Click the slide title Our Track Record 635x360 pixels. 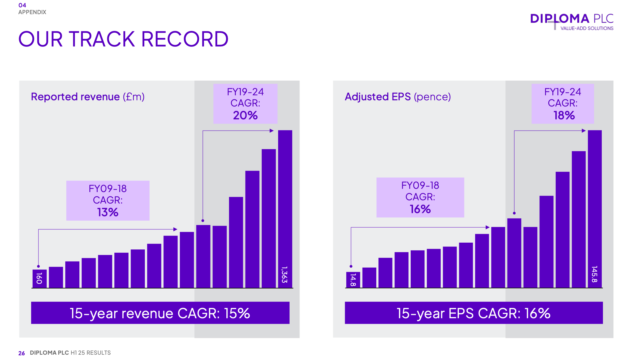tap(123, 39)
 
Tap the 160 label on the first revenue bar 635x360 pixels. tap(39, 278)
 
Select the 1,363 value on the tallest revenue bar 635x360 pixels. tap(284, 275)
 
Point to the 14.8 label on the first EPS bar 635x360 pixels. tap(353, 279)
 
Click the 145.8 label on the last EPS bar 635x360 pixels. tap(594, 274)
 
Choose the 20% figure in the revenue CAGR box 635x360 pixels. tap(245, 115)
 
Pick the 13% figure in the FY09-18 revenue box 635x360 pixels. tap(108, 212)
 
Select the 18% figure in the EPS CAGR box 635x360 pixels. tap(564, 115)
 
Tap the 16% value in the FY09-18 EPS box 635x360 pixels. tap(420, 209)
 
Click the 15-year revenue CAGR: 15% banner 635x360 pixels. tap(160, 313)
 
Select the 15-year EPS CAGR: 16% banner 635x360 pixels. tap(474, 313)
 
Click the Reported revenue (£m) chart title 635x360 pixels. tap(88, 97)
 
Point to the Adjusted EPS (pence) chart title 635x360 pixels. tap(398, 97)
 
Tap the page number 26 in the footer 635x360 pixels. tap(21, 353)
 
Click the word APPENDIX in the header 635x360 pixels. tap(32, 12)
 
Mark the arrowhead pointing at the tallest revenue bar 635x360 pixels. tap(272, 131)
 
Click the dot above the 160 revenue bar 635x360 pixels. tap(39, 266)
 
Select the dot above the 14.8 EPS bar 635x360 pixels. tap(351, 266)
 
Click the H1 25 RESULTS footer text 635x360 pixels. tap(91, 353)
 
